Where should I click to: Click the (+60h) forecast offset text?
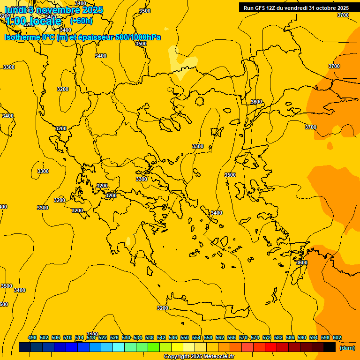(x=81, y=21)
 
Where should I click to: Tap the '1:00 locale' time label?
(x=34, y=21)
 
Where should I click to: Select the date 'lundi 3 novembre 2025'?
(x=54, y=9)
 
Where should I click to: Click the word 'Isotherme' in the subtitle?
(x=22, y=37)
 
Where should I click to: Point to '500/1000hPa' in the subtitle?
(x=138, y=37)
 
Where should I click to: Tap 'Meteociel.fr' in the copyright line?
(x=217, y=357)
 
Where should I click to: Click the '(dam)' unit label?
(x=347, y=348)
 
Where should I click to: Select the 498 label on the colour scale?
(x=32, y=337)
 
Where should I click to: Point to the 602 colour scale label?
(x=337, y=337)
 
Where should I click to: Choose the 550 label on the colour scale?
(x=185, y=337)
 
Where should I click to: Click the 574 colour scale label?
(x=255, y=337)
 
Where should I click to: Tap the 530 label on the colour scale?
(x=126, y=337)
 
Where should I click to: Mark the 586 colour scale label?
(x=290, y=337)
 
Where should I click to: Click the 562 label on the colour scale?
(x=220, y=337)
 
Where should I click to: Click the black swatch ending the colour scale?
(x=330, y=347)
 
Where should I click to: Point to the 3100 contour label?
(x=92, y=334)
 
